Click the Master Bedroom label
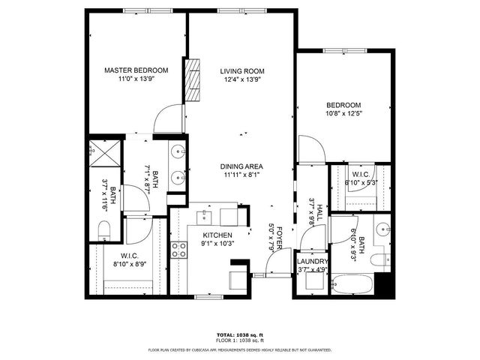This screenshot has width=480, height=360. pyautogui.click(x=136, y=70)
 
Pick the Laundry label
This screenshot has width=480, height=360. pyautogui.click(x=312, y=261)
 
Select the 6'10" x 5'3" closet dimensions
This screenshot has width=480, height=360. pyautogui.click(x=360, y=182)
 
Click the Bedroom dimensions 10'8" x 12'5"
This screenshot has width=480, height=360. pyautogui.click(x=343, y=114)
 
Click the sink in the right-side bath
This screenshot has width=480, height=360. pyautogui.click(x=384, y=229)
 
